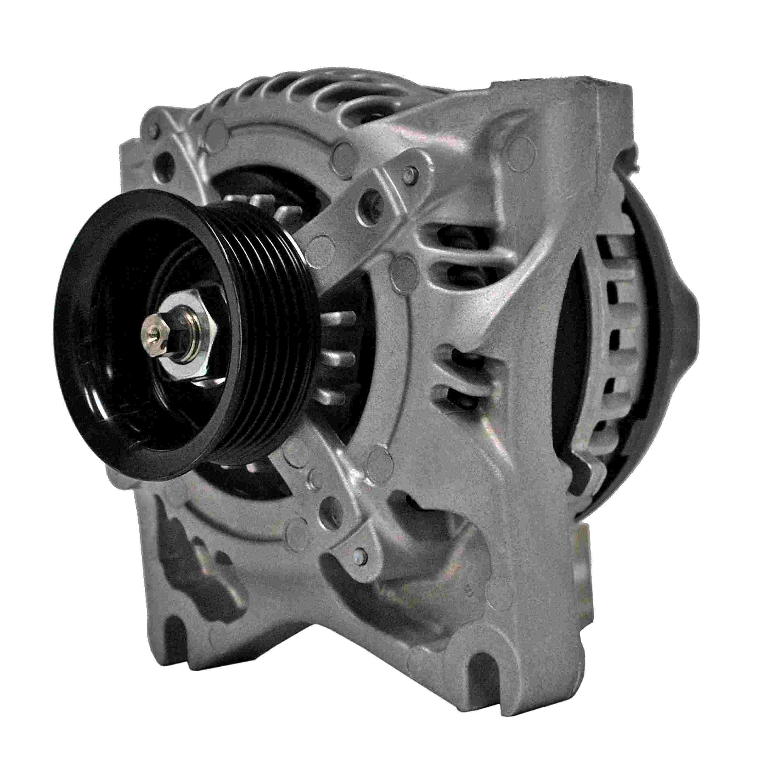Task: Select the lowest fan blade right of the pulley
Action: [x=334, y=400]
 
